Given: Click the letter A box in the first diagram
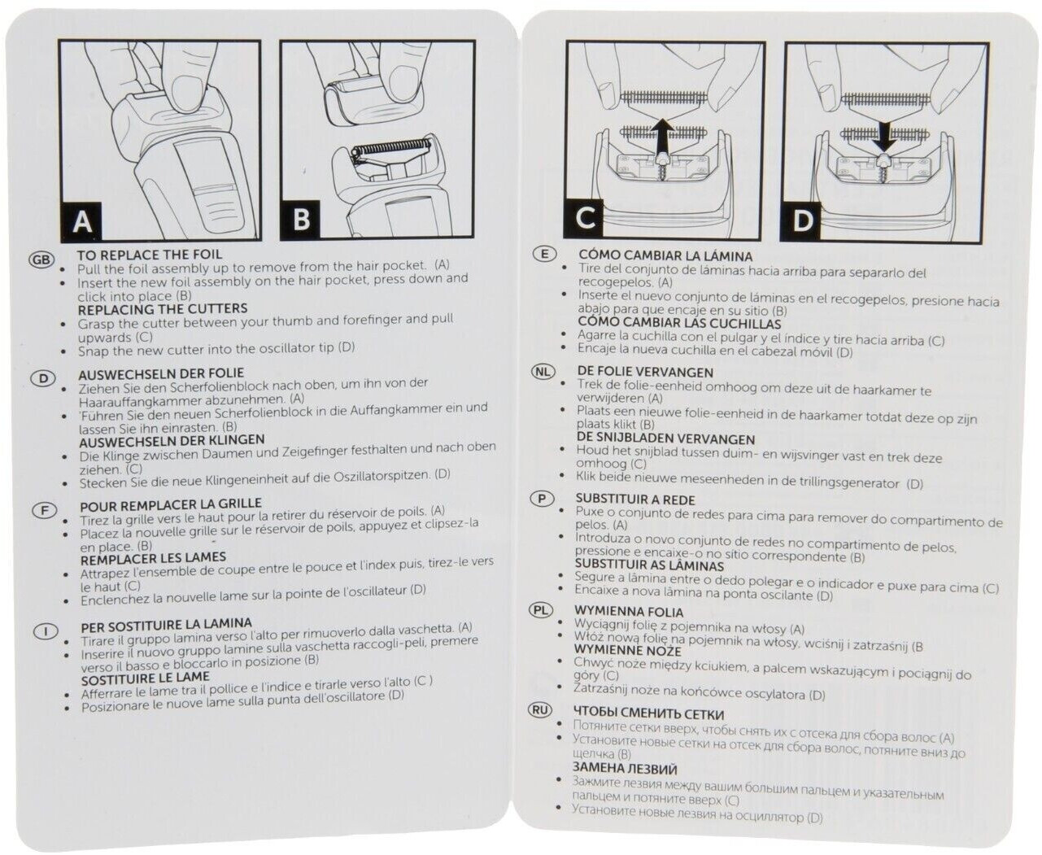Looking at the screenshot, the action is (82, 221).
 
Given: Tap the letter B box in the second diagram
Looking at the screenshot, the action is (301, 220).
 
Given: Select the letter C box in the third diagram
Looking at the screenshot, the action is (585, 218).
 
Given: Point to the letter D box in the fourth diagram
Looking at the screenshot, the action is (803, 220).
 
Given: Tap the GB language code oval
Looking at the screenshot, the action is (41, 260).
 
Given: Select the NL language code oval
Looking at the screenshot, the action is (543, 372).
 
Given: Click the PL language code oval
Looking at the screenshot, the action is (541, 609).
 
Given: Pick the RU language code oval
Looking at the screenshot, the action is (540, 709).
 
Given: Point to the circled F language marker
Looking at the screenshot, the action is (44, 511).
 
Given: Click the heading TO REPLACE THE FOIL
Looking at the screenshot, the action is (149, 255).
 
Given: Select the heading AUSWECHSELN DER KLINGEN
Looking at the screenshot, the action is (172, 440).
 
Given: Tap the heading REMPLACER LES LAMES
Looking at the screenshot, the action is (153, 558).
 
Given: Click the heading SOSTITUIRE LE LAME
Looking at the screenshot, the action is (145, 678).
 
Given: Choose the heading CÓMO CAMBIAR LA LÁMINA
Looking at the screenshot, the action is (665, 256).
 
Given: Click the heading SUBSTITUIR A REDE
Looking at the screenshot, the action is (635, 499).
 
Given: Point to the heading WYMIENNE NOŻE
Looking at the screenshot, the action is (627, 649).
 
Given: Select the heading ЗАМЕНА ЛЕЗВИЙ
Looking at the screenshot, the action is (624, 768).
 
